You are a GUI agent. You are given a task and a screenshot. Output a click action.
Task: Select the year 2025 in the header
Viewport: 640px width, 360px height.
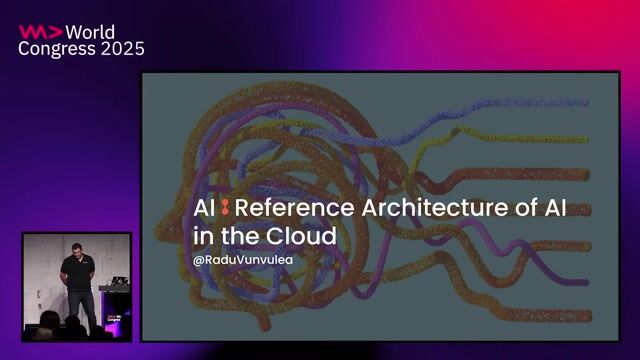(124, 49)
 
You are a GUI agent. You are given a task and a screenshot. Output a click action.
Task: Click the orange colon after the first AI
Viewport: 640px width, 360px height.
(226, 208)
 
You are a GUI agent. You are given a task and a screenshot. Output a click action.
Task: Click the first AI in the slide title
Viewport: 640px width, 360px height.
(205, 208)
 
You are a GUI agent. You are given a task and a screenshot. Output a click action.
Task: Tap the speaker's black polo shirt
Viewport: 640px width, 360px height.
(77, 272)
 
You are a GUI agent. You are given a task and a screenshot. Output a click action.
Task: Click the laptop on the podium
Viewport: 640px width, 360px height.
(116, 283)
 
